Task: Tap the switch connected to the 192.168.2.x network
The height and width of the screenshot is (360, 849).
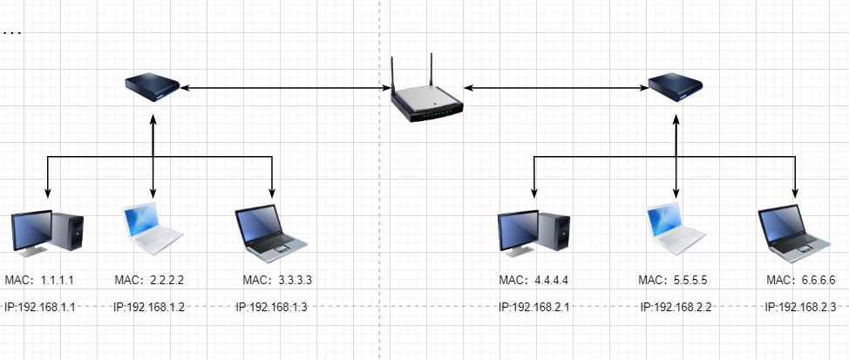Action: pos(676,86)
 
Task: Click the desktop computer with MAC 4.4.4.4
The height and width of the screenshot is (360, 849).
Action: pos(534,234)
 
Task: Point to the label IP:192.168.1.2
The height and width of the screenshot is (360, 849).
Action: pos(148,307)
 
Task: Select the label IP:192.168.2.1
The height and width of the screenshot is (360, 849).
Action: pos(533,307)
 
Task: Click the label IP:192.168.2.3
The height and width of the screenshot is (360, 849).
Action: pos(800,307)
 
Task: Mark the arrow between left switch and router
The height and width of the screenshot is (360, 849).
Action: pos(283,87)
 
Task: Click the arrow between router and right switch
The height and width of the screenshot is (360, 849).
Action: pos(554,87)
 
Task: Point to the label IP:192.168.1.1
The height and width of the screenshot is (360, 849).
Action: pos(39,307)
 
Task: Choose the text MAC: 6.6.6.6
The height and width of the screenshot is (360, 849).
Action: pos(800,281)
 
